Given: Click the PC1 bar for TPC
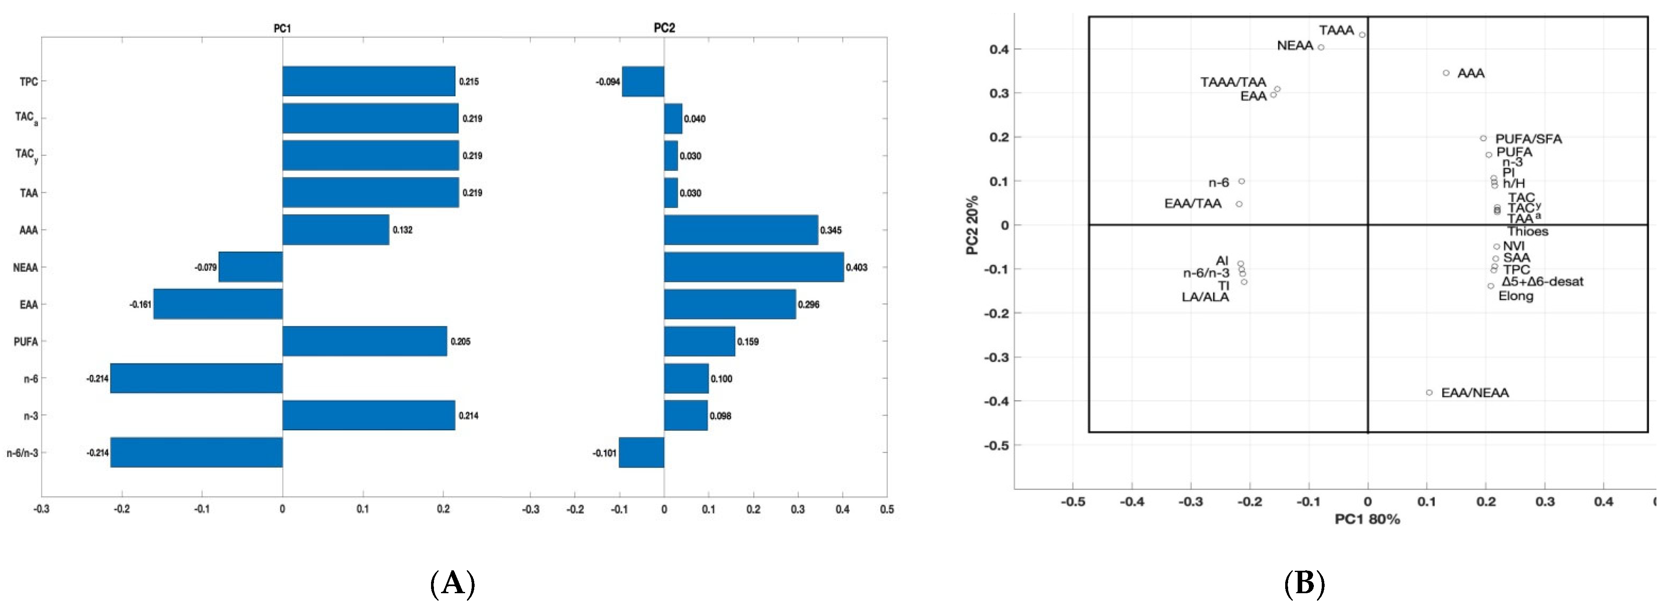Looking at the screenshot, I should tap(369, 81).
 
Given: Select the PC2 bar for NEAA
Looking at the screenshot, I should tap(753, 267).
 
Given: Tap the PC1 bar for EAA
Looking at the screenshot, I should tap(218, 304).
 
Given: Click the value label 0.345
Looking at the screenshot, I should tap(831, 230).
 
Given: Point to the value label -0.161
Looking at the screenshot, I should tap(140, 304).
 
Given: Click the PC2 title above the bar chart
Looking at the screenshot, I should tap(664, 28).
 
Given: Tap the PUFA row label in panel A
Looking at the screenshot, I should tap(26, 342).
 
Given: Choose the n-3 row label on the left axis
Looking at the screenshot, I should tap(30, 416).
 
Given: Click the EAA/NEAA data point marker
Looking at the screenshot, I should tap(1429, 392).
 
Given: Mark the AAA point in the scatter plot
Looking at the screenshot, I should tap(1446, 73).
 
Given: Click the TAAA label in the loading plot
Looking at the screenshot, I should tap(1336, 30).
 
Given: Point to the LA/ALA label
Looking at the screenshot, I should tap(1205, 297).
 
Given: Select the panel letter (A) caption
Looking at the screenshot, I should tap(452, 584).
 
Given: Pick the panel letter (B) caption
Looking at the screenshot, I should tap(1304, 584).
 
